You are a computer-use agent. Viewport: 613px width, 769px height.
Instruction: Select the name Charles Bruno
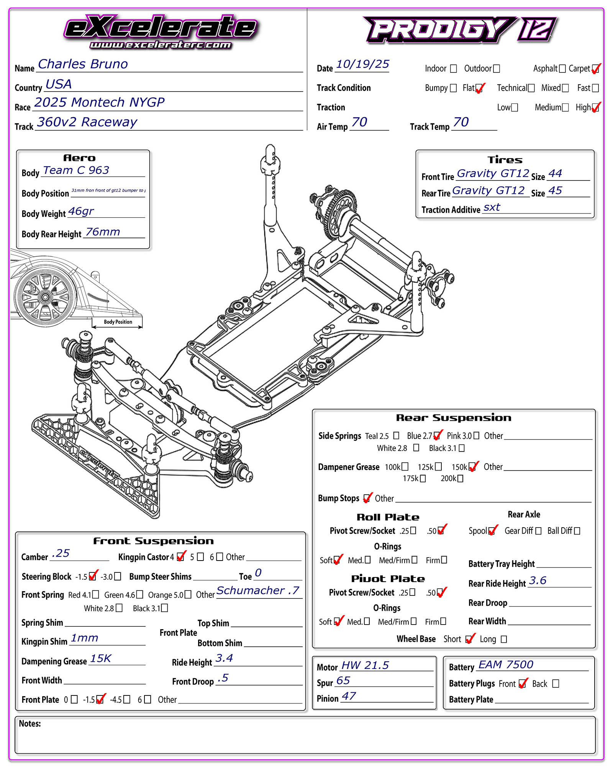pos(83,64)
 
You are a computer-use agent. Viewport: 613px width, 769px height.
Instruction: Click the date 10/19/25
pos(362,64)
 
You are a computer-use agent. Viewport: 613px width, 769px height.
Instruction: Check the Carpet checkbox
pos(595,69)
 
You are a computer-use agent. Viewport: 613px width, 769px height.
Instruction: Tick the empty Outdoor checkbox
pos(497,69)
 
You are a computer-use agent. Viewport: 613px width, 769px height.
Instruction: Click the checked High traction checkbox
pos(595,108)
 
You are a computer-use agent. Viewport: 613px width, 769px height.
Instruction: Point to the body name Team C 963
pos(76,170)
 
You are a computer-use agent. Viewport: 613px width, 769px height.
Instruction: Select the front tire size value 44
pos(555,174)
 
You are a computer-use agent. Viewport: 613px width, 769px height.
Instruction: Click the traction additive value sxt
pos(492,207)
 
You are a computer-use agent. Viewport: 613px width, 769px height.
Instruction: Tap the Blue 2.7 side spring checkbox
pos(436,436)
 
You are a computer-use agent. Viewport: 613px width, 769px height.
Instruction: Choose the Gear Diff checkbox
pos(538,531)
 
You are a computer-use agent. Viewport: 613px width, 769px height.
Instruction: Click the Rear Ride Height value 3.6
pos(538,580)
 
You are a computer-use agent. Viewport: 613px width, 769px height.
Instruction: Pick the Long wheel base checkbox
pos(504,639)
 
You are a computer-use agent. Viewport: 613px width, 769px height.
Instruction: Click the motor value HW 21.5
pos(365,665)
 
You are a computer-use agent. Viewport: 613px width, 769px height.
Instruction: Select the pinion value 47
pos(349,696)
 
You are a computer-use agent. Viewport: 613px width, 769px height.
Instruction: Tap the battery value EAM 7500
pos(506,664)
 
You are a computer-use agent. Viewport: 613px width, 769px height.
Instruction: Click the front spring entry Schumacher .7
pos(258,590)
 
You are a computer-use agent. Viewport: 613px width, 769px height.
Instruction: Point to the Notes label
pos(30,723)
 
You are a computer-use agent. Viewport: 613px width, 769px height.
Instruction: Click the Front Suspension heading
pos(153,541)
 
